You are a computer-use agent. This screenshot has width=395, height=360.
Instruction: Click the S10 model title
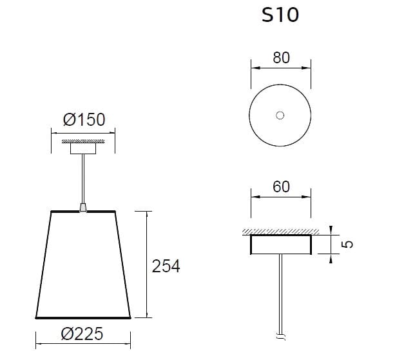pyautogui.click(x=280, y=15)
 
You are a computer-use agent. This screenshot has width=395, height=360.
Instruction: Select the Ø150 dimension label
pyautogui.click(x=84, y=120)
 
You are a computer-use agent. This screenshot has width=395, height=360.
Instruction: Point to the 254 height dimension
pyautogui.click(x=166, y=266)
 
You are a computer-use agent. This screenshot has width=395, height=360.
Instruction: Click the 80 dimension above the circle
pyautogui.click(x=280, y=58)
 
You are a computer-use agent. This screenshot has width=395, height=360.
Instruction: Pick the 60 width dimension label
pyautogui.click(x=280, y=188)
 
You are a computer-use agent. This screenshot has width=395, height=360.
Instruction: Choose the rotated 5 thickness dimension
pyautogui.click(x=347, y=245)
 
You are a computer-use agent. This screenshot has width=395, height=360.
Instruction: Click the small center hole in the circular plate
pyautogui.click(x=280, y=115)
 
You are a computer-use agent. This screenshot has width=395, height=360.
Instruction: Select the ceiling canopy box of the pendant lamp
pyautogui.click(x=82, y=148)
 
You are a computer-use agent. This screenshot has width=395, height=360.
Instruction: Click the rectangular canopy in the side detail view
pyautogui.click(x=280, y=245)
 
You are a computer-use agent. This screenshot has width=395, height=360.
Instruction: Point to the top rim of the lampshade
pyautogui.click(x=82, y=212)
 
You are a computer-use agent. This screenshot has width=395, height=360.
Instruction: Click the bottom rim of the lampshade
pyautogui.click(x=83, y=317)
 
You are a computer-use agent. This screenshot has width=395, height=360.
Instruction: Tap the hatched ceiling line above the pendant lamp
pyautogui.click(x=82, y=140)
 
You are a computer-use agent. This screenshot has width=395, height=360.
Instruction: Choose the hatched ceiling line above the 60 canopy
pyautogui.click(x=280, y=232)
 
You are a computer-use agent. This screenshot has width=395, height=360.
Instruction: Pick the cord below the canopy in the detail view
pyautogui.click(x=280, y=290)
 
